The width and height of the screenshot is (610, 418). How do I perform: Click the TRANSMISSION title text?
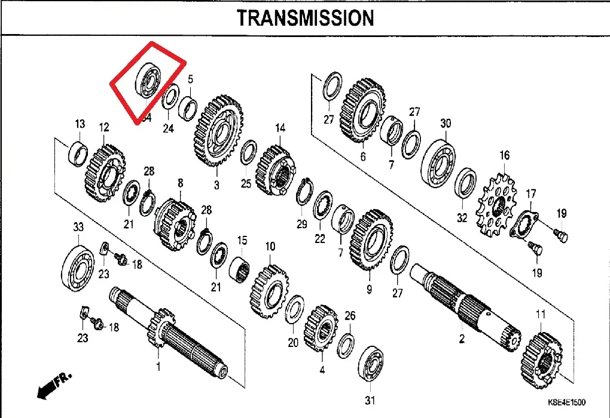click(305, 18)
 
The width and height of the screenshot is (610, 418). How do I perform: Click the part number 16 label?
click(505, 156)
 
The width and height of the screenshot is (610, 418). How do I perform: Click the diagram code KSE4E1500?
click(565, 402)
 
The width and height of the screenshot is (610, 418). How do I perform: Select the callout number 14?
click(280, 128)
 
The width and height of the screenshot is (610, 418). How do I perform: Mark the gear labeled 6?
click(362, 111)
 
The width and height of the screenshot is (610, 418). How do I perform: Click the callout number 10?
click(270, 246)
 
